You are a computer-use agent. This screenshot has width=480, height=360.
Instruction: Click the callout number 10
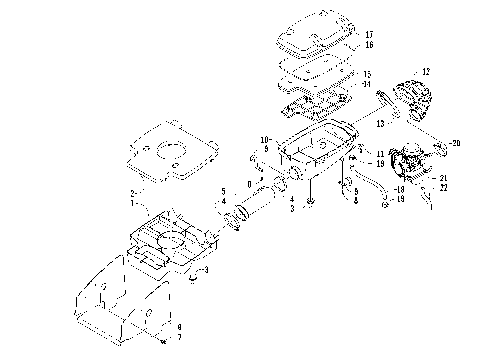point(265,139)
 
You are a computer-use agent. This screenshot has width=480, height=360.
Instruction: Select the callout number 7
point(178,337)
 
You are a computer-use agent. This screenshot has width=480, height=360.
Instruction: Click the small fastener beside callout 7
point(161,340)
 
